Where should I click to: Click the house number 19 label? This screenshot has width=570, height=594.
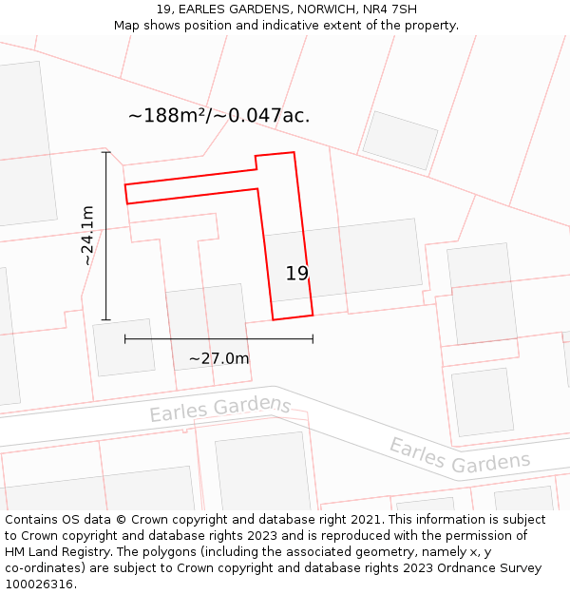(297, 274)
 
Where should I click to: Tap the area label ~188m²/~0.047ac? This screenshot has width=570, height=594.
(218, 116)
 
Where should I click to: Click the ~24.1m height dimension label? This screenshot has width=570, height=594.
(87, 235)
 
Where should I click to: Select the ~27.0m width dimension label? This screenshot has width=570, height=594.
(218, 358)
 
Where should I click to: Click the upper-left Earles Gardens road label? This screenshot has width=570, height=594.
(220, 408)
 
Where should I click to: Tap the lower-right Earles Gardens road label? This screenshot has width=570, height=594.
(459, 455)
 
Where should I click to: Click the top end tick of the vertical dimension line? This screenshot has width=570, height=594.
(105, 152)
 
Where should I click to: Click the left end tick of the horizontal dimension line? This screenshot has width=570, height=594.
(124, 338)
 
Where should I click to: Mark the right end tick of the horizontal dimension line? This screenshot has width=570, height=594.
(313, 338)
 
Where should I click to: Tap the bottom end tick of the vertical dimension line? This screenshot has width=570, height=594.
(105, 320)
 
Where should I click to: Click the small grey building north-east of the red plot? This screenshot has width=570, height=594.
(400, 141)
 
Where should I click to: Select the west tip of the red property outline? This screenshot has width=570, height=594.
(125, 193)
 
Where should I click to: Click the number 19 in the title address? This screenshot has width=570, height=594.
(163, 10)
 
